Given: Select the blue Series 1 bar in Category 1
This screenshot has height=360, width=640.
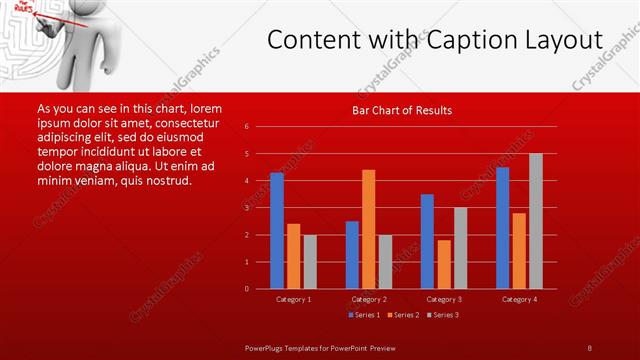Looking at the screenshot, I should click(277, 230).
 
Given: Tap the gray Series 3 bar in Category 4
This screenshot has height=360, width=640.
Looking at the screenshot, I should click(535, 221).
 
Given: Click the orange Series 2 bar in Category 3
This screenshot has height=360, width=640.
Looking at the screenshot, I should click(444, 264).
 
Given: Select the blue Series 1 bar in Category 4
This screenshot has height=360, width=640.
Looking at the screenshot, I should click(502, 227).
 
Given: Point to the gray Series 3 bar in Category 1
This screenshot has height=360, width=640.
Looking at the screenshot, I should click(310, 261).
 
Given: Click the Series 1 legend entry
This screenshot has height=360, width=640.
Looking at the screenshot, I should click(363, 315).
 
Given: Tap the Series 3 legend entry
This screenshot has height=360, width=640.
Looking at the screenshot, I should click(443, 315).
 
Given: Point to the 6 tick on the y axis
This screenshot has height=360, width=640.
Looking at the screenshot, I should click(247, 127).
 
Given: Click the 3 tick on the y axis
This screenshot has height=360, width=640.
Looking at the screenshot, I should click(247, 208).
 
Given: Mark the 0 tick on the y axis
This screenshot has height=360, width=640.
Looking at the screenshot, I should click(247, 289).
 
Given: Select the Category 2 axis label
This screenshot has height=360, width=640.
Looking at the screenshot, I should click(369, 299).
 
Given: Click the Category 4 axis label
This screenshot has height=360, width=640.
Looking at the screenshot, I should click(518, 299).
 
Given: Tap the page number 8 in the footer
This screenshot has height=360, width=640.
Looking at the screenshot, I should click(589, 348).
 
